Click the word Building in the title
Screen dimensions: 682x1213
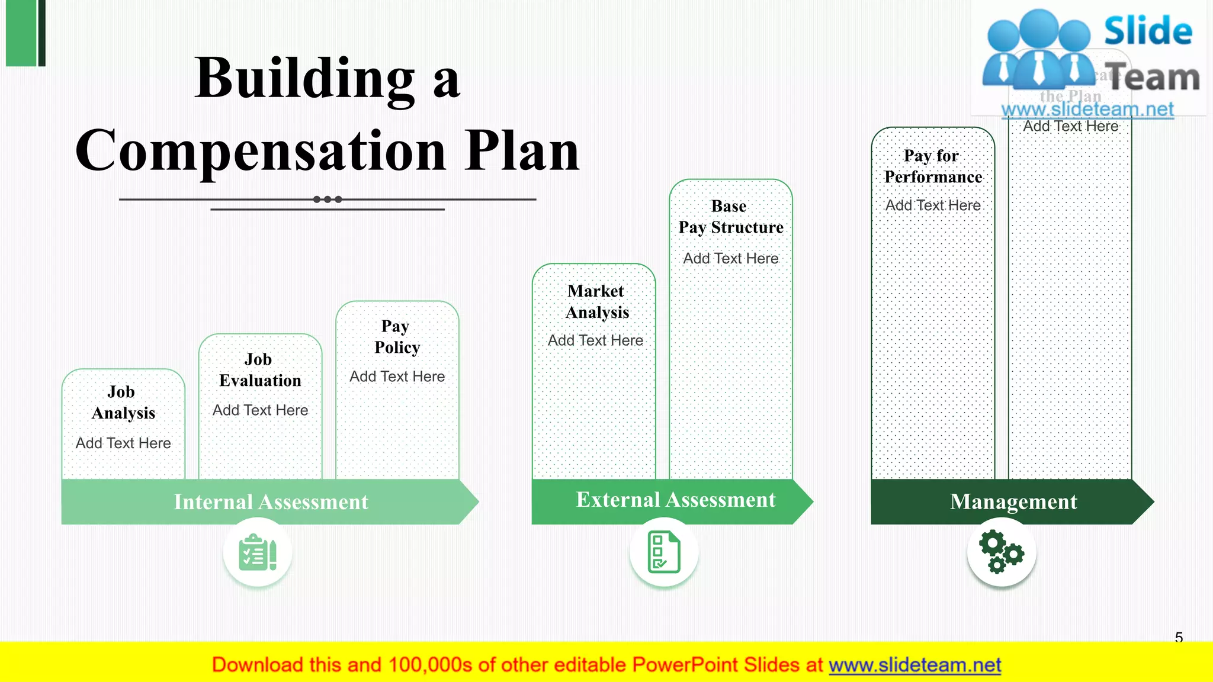[304, 79]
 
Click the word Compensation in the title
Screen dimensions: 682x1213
[261, 152]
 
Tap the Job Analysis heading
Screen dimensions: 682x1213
[123, 403]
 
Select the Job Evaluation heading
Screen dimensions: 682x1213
[260, 370]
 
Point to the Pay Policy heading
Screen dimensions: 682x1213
[397, 337]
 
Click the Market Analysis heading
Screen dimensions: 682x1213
[596, 302]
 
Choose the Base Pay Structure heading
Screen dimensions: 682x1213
[730, 217]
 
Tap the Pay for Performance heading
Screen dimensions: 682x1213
[933, 166]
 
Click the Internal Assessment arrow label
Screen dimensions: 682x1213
[271, 502]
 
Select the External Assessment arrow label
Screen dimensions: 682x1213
[675, 500]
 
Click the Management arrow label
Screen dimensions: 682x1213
[1013, 501]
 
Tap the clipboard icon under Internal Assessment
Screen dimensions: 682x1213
[258, 552]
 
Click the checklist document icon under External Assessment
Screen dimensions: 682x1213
[664, 552]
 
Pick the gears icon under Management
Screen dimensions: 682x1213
[1001, 552]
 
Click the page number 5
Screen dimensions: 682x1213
[1179, 637]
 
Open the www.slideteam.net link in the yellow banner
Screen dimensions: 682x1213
[914, 665]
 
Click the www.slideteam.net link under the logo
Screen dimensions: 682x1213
[1087, 109]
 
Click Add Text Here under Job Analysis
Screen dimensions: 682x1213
[123, 443]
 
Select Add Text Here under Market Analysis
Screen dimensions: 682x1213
[595, 340]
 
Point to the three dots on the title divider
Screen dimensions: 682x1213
[328, 200]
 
